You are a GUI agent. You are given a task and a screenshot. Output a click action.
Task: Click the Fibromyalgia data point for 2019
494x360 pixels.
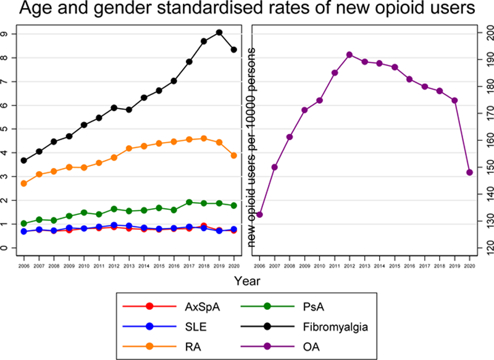coord(219,32)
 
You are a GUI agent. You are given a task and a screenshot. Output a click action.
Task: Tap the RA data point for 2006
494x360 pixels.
coord(24,183)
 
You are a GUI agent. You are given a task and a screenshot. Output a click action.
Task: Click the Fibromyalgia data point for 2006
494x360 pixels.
coord(24,161)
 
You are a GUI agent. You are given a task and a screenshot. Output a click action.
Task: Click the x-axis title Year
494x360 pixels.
coord(247,280)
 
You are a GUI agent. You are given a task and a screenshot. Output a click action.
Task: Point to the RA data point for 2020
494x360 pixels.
coord(234,156)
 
